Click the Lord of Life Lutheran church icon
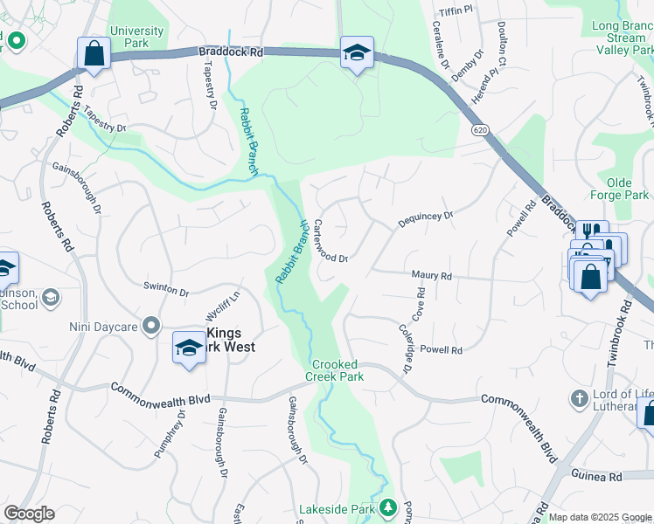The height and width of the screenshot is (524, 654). click(577, 399)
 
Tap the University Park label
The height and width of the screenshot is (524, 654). click(136, 37)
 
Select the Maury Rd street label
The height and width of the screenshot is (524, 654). click(431, 276)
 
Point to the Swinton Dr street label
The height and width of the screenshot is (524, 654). click(166, 290)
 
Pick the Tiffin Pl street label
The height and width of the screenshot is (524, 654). click(456, 10)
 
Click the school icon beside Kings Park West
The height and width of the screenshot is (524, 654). click(188, 347)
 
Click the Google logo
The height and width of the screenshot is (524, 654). click(29, 514)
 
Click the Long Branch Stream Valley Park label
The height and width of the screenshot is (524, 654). click(622, 38)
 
